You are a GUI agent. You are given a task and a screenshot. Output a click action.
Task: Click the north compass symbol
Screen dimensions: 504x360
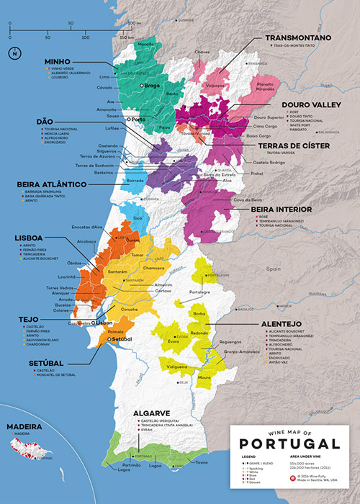(x=14, y=53)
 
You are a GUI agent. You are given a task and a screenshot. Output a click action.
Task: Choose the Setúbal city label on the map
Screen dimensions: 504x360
(x=122, y=338)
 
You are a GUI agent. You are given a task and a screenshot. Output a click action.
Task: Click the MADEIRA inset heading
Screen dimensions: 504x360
(x=20, y=427)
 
